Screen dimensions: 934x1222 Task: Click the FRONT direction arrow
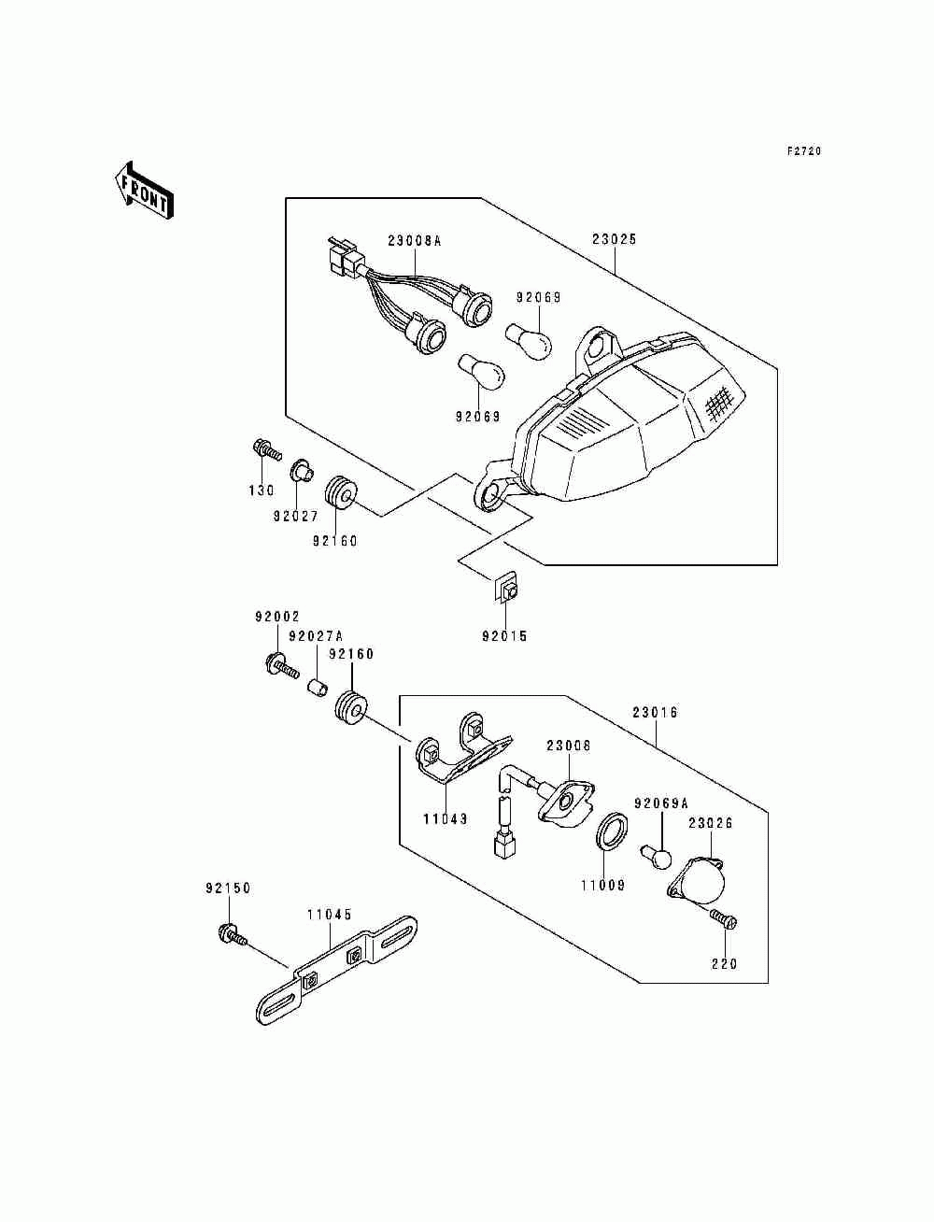coord(144,191)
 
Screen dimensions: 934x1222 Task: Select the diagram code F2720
coord(804,151)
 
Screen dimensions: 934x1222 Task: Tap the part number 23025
coord(614,239)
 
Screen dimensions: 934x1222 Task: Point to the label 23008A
coord(414,241)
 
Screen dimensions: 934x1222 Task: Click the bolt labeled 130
coord(266,448)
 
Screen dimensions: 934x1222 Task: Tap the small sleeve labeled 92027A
coord(318,689)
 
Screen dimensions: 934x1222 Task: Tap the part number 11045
coord(330,914)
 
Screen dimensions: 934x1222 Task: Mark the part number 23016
coord(655,712)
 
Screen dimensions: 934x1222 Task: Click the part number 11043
coord(445,819)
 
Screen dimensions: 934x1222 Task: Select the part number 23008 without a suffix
coord(568,746)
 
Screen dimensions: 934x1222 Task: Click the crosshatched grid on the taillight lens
coord(718,401)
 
